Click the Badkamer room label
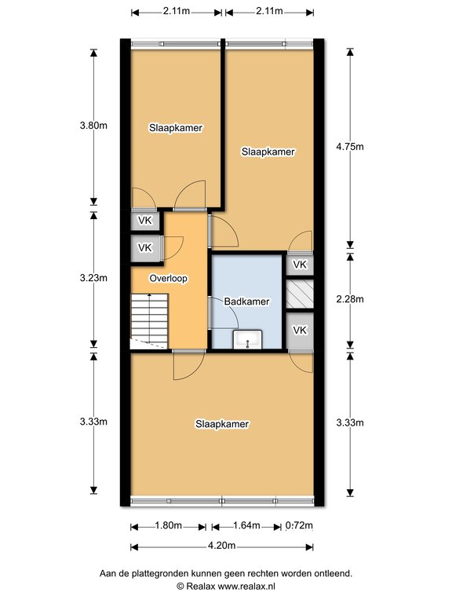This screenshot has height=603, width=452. click(246, 301)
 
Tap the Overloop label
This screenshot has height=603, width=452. click(169, 278)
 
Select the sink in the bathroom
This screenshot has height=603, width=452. click(247, 339)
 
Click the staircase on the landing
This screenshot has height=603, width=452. click(149, 321)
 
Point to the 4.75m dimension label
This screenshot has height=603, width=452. click(350, 147)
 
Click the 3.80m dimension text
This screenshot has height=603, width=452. click(93, 126)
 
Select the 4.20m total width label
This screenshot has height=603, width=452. click(222, 546)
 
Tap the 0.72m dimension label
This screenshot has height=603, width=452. click(299, 525)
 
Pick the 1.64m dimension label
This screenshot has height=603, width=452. click(246, 525)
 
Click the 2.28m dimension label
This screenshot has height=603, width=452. click(350, 299)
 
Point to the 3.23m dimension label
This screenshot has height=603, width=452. click(93, 278)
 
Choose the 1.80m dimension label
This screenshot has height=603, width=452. click(168, 525)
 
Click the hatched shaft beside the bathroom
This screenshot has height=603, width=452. click(300, 294)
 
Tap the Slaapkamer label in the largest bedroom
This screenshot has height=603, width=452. click(222, 424)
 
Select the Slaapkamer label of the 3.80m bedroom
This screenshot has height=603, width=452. click(176, 128)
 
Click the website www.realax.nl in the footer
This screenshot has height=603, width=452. click(246, 586)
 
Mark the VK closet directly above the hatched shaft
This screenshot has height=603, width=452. click(300, 265)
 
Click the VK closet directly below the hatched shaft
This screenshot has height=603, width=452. click(300, 331)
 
